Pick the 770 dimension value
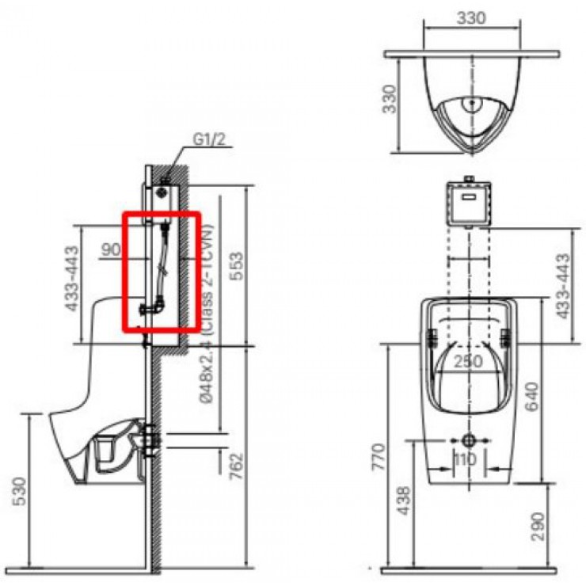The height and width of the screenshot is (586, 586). (x=379, y=458)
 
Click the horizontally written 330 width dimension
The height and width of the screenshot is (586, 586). (x=472, y=19)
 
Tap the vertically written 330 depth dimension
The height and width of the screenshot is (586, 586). (x=389, y=99)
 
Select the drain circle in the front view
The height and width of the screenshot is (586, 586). (x=467, y=440)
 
